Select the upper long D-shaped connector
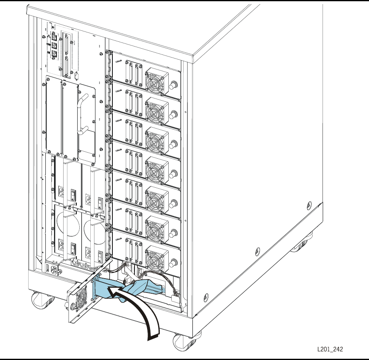click(x=67, y=42)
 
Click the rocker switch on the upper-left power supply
click(x=73, y=193)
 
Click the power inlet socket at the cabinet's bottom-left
click(x=54, y=270)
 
